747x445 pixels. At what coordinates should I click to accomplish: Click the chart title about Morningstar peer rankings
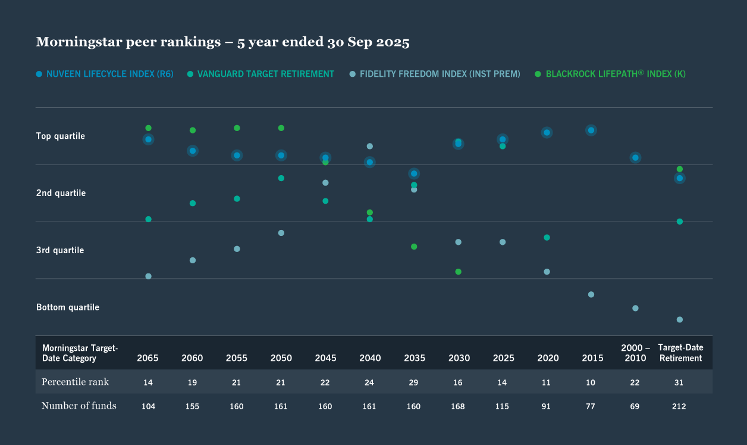[222, 42]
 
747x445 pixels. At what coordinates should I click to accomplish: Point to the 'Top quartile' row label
[61, 136]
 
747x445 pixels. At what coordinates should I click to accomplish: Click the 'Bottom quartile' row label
[68, 307]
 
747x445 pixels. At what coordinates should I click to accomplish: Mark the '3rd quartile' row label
[60, 250]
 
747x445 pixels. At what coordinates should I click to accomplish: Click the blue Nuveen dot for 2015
[591, 130]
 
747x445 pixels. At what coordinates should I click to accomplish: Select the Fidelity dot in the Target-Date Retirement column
[679, 320]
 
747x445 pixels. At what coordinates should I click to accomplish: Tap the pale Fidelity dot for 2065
[148, 276]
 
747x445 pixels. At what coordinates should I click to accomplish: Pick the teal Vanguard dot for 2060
[193, 203]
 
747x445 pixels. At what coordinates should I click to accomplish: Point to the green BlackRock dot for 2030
[458, 272]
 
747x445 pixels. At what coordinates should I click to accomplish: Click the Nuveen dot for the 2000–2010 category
[635, 158]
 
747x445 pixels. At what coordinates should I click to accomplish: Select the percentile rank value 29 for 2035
[414, 382]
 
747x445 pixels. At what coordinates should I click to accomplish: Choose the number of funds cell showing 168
[458, 406]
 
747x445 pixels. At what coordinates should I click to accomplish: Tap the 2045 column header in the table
[325, 358]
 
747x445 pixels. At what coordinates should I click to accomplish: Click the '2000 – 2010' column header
[635, 353]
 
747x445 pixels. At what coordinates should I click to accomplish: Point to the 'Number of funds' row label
[79, 406]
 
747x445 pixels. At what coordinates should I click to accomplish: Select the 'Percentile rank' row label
[75, 382]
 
